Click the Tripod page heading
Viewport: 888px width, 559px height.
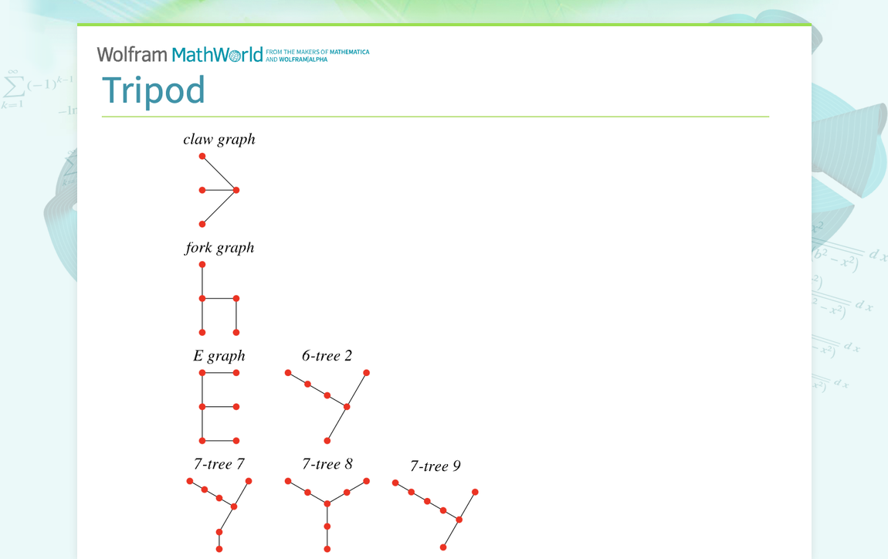point(153,90)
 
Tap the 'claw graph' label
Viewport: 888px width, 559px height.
point(219,140)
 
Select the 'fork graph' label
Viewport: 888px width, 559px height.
point(219,248)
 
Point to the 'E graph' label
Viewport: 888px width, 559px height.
point(219,356)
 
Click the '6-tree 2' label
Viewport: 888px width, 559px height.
point(327,356)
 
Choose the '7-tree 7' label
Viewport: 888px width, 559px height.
point(219,464)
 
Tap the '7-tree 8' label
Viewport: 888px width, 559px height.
point(327,464)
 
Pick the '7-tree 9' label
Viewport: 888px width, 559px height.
point(436,466)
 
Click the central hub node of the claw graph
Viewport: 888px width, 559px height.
point(236,190)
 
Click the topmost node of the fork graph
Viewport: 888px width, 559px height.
point(202,264)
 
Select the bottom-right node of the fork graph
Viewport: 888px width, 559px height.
point(236,332)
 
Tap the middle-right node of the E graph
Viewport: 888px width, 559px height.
point(236,406)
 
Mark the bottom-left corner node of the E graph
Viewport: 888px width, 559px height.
point(202,440)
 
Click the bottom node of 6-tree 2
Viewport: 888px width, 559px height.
point(327,440)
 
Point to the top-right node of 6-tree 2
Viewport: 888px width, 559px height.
point(366,373)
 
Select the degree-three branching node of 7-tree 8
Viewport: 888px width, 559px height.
point(327,503)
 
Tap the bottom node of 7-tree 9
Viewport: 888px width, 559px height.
point(443,547)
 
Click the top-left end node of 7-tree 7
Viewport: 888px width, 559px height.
point(190,481)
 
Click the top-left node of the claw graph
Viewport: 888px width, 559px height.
point(202,156)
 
